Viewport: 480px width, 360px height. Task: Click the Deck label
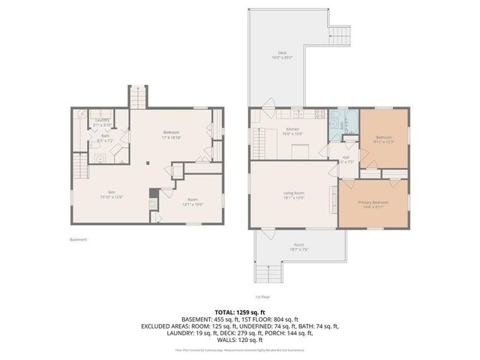click(276, 54)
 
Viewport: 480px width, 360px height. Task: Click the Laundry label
click(103, 121)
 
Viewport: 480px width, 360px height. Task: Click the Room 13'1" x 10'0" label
click(193, 201)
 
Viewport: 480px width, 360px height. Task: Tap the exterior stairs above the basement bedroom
click(138, 97)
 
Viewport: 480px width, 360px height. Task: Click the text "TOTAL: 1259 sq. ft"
click(241, 310)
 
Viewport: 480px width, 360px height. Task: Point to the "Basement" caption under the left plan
click(78, 240)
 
